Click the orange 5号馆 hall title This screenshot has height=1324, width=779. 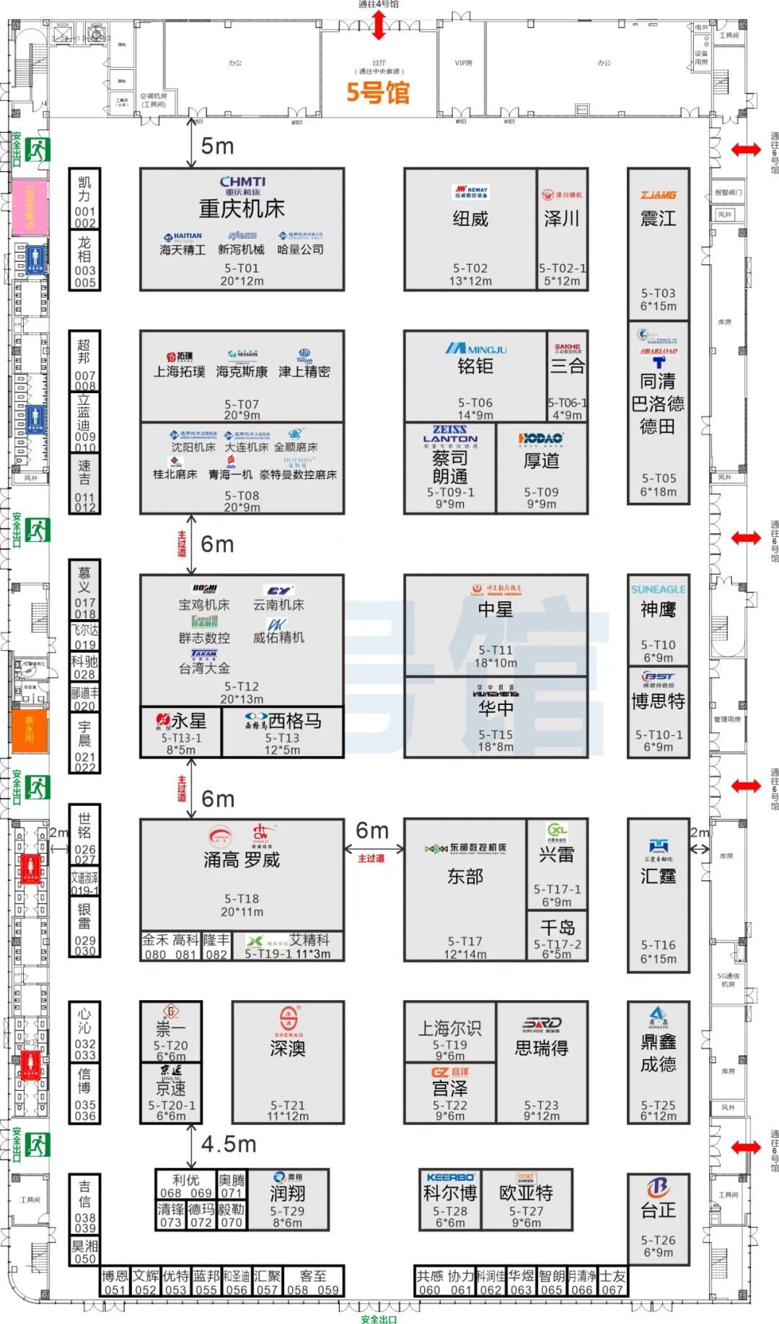377,92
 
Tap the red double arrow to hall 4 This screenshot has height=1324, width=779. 379,26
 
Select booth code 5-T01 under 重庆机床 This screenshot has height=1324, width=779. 242,268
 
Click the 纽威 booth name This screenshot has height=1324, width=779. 470,219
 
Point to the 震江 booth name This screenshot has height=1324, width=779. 658,218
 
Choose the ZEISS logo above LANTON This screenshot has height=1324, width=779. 449,429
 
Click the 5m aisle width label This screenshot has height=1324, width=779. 217,146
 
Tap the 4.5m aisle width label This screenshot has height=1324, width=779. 229,1144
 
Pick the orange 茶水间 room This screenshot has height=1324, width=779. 30,730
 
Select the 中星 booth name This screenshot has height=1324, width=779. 496,610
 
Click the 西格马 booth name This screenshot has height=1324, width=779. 294,721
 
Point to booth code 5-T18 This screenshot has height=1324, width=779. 242,898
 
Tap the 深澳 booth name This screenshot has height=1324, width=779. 288,1048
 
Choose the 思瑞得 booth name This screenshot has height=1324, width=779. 541,1048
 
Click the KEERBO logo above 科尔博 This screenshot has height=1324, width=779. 450,1178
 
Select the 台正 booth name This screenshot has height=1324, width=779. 658,1210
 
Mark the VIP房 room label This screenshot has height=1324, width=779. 463,63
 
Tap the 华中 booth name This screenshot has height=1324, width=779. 496,709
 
